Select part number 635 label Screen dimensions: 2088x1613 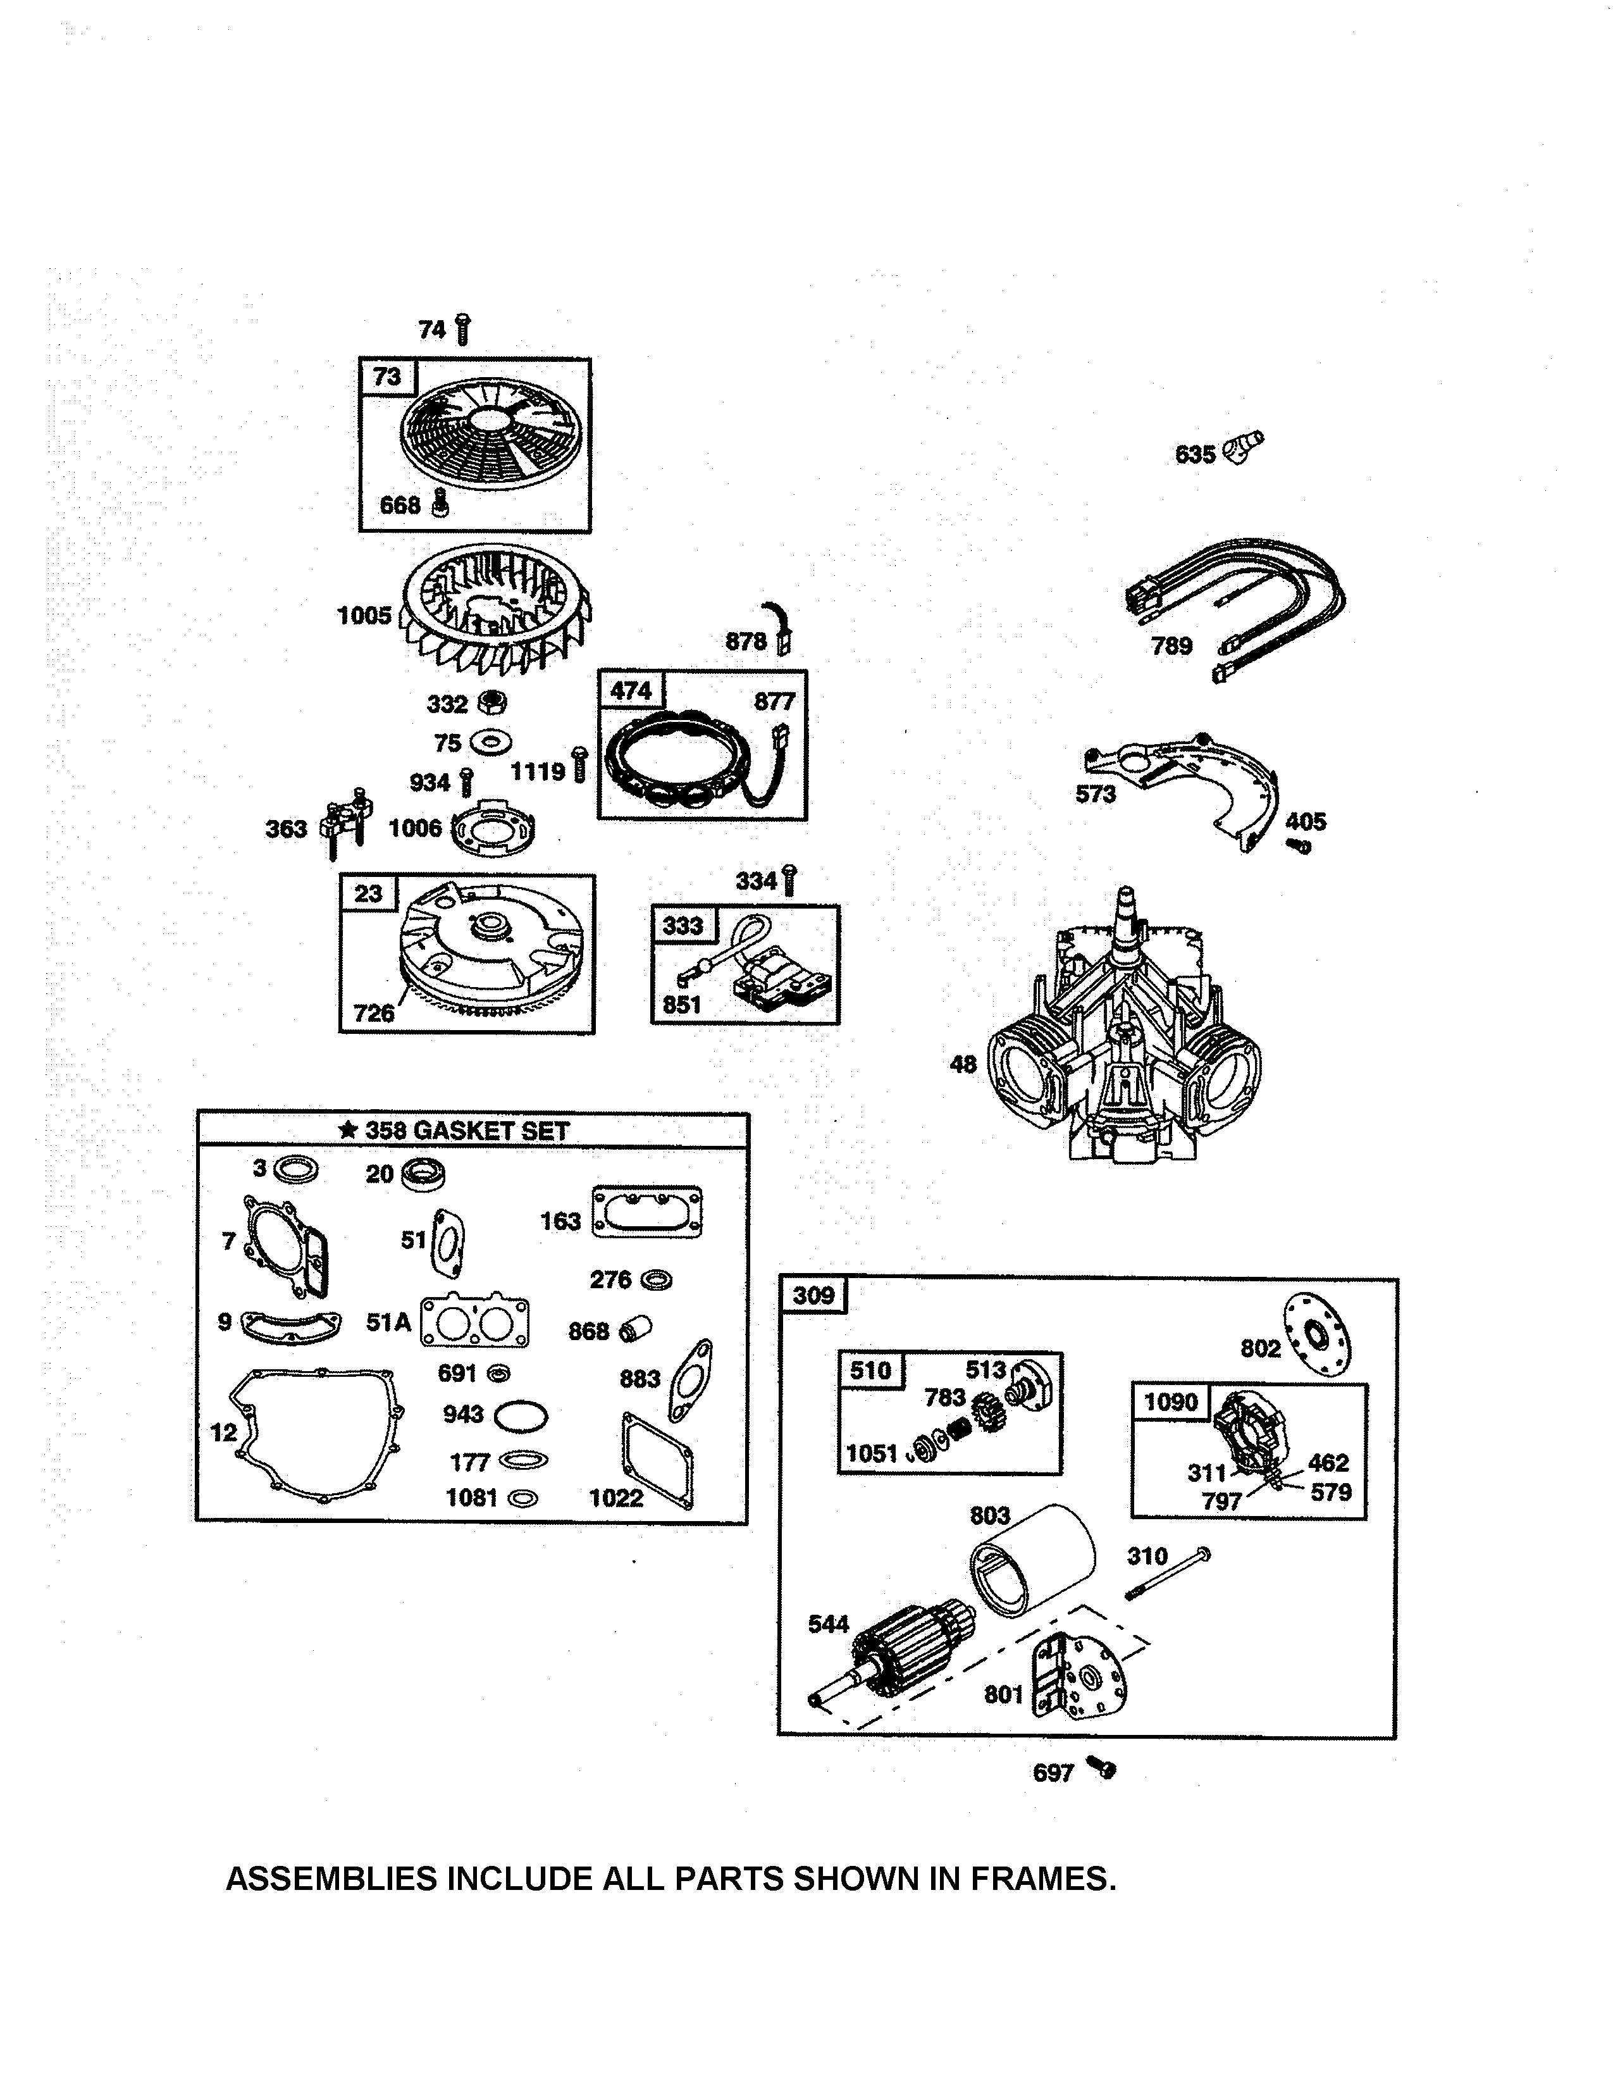coord(1194,454)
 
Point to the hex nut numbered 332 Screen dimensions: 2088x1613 coord(491,703)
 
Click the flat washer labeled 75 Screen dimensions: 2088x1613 coord(490,742)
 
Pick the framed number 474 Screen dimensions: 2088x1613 coord(631,690)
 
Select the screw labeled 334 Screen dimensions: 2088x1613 coord(789,879)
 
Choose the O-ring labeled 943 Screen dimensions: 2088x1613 coord(521,1416)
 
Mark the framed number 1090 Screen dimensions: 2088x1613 coord(1171,1403)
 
